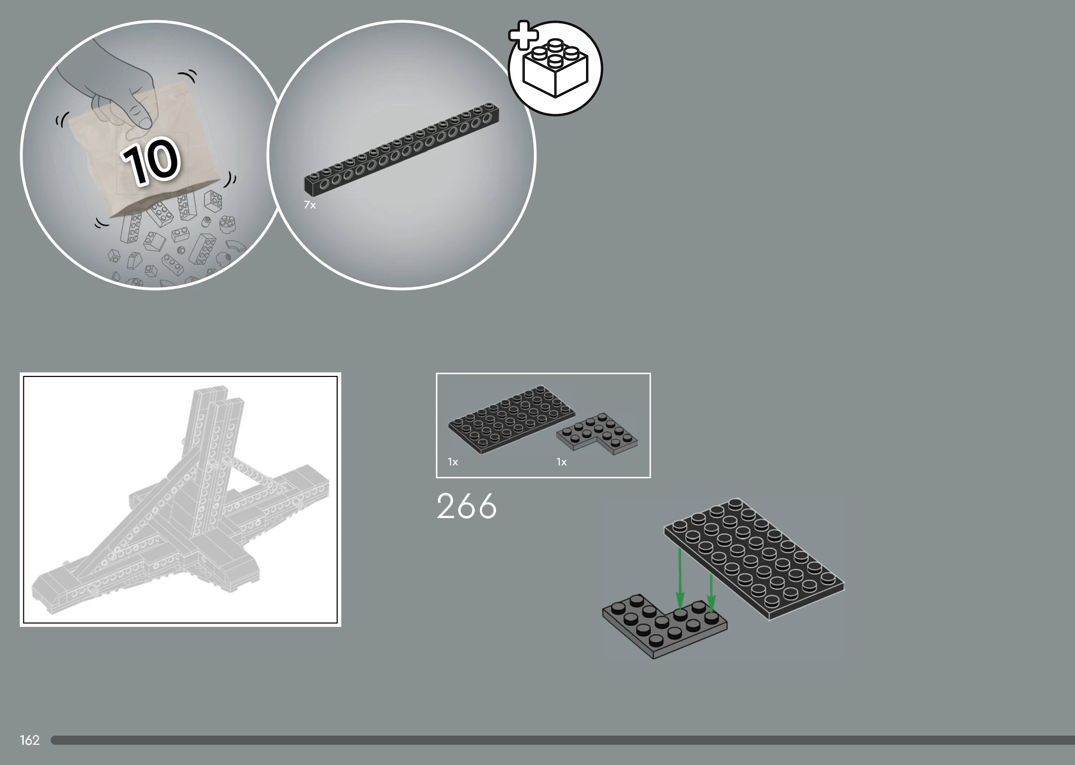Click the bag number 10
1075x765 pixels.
[151, 160]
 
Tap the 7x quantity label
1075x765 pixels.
[309, 205]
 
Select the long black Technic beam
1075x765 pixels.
[401, 148]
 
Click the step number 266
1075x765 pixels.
[466, 506]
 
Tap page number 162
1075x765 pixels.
[29, 740]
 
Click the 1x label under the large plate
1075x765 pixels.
[453, 462]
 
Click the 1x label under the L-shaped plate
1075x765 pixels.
[561, 462]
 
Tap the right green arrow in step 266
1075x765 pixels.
[711, 592]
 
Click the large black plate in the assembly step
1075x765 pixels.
[754, 559]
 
